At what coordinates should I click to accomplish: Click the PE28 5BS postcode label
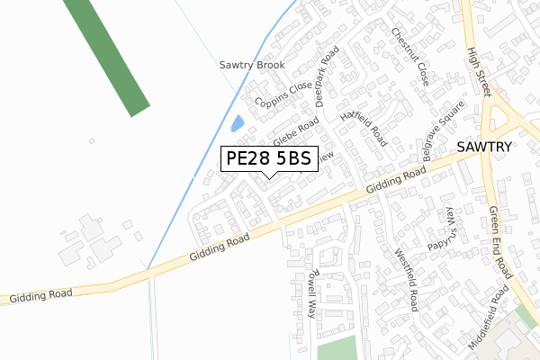[x=268, y=158]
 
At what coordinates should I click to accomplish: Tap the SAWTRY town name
[x=484, y=147]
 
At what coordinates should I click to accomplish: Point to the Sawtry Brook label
[x=252, y=66]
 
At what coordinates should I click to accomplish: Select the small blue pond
[x=238, y=124]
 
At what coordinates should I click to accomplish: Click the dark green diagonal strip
[x=107, y=54]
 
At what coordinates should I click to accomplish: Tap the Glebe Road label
[x=297, y=132]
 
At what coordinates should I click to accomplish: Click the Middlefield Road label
[x=490, y=318]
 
